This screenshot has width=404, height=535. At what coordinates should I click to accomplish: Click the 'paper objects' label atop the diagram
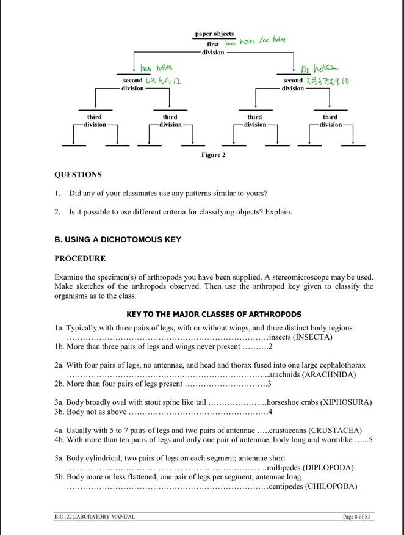(x=214, y=34)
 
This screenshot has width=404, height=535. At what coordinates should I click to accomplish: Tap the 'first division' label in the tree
(x=213, y=48)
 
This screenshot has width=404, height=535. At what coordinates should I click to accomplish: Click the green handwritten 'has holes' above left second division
(x=156, y=68)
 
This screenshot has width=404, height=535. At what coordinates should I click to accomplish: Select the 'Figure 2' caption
(x=213, y=155)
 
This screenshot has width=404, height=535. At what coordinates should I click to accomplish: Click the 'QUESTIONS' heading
(x=78, y=175)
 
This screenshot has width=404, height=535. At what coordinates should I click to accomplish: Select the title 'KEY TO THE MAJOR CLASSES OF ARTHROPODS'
(x=214, y=315)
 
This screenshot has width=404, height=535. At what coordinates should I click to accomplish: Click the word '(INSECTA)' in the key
(x=313, y=337)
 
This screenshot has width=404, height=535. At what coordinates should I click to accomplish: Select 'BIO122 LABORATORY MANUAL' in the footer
(x=95, y=517)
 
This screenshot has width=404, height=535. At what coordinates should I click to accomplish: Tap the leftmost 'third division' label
(x=94, y=120)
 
